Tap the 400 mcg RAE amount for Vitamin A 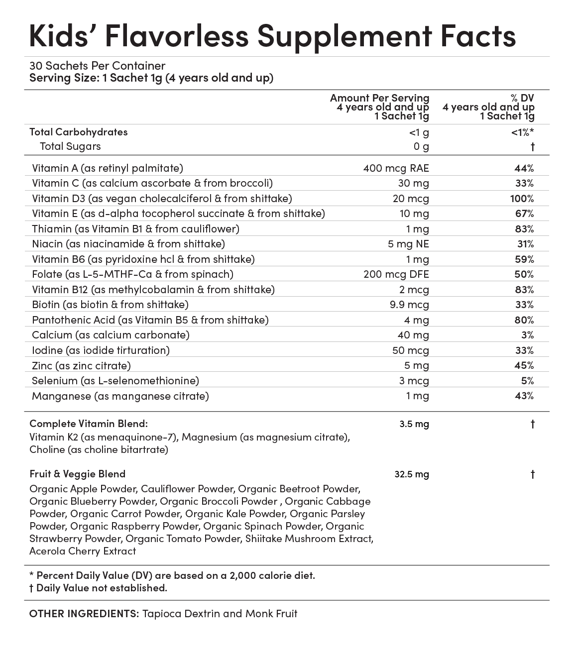click(x=396, y=168)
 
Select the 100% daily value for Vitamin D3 click(x=522, y=199)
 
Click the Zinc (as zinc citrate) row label click(x=81, y=366)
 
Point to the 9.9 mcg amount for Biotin click(x=409, y=305)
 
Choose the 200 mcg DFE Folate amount click(x=396, y=274)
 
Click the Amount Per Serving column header click(x=379, y=98)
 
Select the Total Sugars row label click(x=70, y=146)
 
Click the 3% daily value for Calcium click(x=528, y=335)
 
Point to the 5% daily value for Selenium click(x=528, y=381)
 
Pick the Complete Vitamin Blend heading click(x=89, y=424)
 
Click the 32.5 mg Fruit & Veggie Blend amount click(x=411, y=474)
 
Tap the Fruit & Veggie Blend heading click(x=77, y=474)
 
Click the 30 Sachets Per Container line click(x=97, y=66)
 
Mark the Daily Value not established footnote click(x=98, y=588)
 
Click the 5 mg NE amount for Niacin click(x=410, y=244)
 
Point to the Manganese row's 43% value click(x=524, y=396)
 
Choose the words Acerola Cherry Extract click(x=83, y=551)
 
